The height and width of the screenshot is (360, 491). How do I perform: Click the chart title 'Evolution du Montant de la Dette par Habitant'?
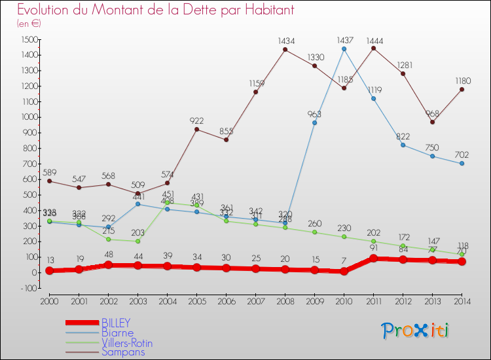click(x=156, y=10)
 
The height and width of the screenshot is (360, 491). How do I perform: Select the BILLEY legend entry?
click(x=116, y=323)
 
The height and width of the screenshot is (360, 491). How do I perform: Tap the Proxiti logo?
click(x=416, y=331)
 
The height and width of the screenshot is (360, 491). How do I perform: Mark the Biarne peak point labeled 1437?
click(x=344, y=49)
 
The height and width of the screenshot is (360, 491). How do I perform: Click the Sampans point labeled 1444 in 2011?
click(x=374, y=48)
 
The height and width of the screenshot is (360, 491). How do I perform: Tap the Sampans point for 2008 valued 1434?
click(x=285, y=50)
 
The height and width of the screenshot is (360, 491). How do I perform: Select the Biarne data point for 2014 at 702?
click(x=462, y=163)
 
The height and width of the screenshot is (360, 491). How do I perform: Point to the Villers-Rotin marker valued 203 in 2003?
click(x=137, y=241)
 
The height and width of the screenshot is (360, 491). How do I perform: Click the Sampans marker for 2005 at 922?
click(x=196, y=129)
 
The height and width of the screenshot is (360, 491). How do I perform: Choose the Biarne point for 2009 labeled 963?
click(x=315, y=122)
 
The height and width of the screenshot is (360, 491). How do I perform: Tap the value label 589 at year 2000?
click(x=49, y=171)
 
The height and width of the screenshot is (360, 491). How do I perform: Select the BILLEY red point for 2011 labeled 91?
click(x=374, y=258)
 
